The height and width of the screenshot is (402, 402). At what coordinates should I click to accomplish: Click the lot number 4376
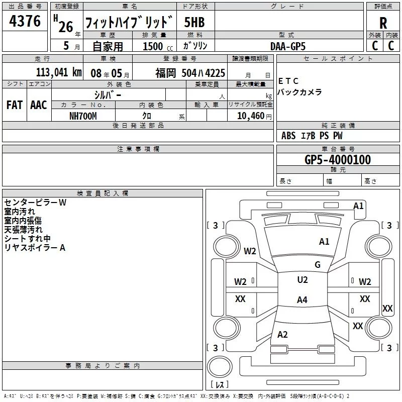pyautogui.click(x=25, y=22)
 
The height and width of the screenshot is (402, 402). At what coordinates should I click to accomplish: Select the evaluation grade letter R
pyautogui.click(x=383, y=23)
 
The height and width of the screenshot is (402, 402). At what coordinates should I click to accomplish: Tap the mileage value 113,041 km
pyautogui.click(x=59, y=72)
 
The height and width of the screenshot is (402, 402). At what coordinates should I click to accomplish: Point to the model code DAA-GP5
pyautogui.click(x=287, y=46)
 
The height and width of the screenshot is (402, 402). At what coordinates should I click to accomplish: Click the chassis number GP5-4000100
pyautogui.click(x=338, y=160)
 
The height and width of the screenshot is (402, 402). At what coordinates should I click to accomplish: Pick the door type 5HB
pyautogui.click(x=194, y=23)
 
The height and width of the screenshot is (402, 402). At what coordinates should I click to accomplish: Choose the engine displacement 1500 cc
pyautogui.click(x=156, y=46)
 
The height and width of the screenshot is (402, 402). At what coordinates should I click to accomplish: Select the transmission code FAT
pyautogui.click(x=14, y=105)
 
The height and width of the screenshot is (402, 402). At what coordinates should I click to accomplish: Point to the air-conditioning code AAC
pyautogui.click(x=38, y=105)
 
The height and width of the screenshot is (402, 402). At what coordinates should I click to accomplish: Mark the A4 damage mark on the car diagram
pyautogui.click(x=301, y=300)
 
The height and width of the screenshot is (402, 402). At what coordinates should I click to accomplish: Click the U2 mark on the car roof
pyautogui.click(x=302, y=280)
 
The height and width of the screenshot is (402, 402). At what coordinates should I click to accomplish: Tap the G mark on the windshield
pyautogui.click(x=317, y=265)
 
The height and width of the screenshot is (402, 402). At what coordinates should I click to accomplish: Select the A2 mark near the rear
pyautogui.click(x=282, y=335)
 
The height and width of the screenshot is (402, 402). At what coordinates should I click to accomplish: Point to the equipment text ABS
pyautogui.click(x=288, y=136)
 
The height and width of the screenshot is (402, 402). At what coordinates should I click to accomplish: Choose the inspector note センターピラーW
pyautogui.click(x=35, y=202)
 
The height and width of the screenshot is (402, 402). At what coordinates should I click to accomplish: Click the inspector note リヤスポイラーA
pyautogui.click(x=35, y=247)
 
